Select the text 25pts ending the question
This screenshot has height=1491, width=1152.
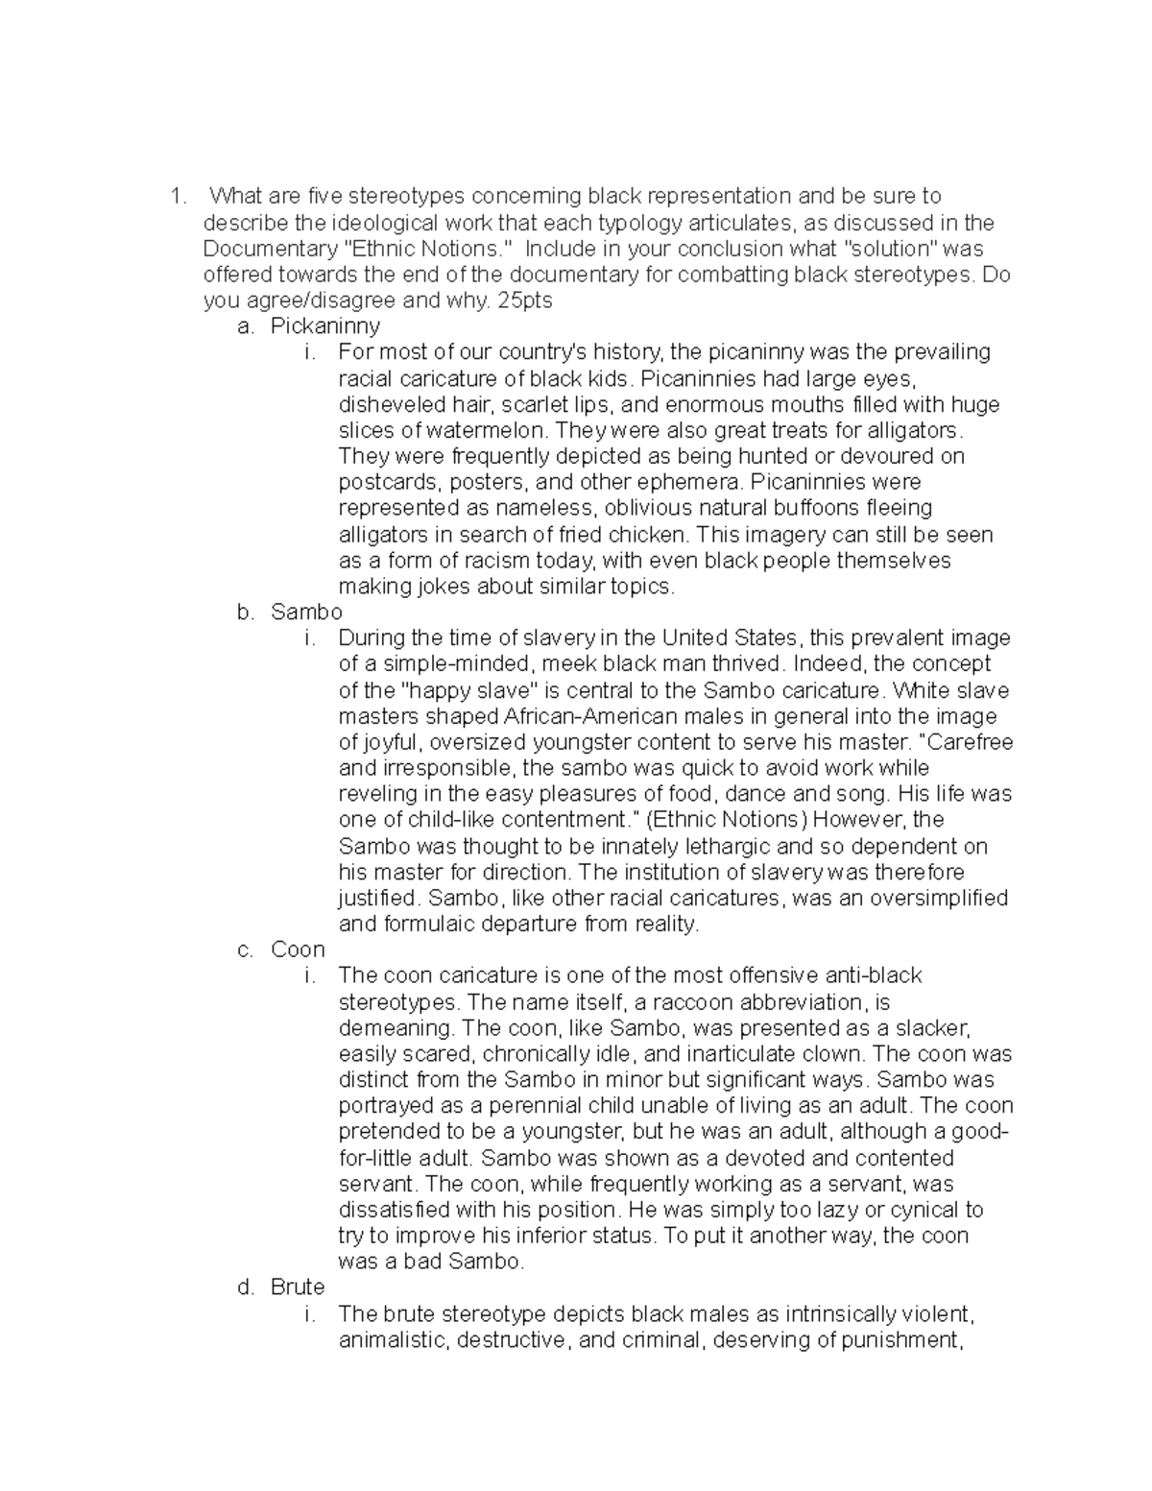coord(526,301)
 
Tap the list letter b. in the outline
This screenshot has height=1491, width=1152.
coord(246,612)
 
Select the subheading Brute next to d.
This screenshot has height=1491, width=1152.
coord(298,1287)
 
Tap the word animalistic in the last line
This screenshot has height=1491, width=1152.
coord(392,1339)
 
